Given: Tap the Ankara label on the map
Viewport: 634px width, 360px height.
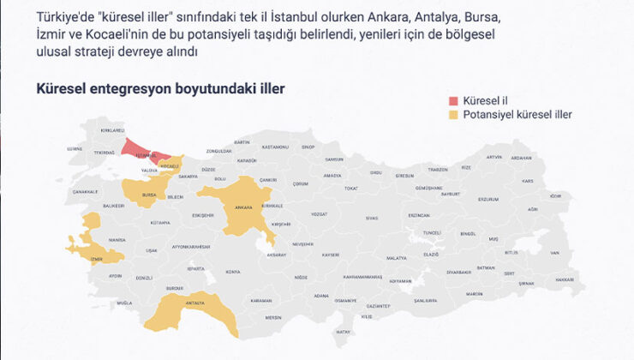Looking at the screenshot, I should [243, 207].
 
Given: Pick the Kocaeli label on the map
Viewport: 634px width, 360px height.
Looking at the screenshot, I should [170, 165].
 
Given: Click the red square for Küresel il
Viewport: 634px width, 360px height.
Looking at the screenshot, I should [455, 99].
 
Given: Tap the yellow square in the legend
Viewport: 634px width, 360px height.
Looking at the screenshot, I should [455, 114].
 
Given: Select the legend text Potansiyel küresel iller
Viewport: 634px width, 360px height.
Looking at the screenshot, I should [517, 114].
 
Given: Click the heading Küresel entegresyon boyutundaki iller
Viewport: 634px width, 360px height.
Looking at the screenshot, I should [160, 88].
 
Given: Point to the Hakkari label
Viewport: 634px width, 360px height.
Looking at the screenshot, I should [564, 279].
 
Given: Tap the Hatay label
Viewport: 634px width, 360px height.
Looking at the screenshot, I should [344, 331].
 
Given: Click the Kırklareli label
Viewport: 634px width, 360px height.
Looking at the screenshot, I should [113, 130].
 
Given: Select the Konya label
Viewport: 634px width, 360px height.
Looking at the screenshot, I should [233, 272].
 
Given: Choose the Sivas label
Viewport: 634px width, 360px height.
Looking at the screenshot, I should [371, 218].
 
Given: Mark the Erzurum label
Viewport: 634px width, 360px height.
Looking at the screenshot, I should [487, 199].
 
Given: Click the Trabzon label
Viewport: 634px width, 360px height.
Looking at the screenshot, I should [438, 169].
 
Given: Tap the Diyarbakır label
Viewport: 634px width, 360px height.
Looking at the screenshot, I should [459, 272].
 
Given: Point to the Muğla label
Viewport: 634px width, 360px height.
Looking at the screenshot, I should [125, 303].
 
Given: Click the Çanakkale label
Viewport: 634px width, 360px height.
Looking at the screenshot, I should [86, 191].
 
